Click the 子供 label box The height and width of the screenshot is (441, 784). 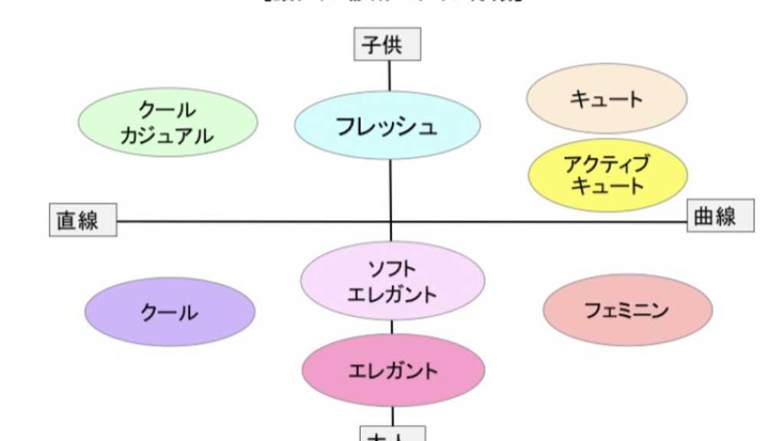point(388,44)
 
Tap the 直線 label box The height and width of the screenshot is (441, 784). point(83,220)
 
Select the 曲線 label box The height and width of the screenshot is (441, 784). point(720,216)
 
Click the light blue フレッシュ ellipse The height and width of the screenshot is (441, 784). point(387,126)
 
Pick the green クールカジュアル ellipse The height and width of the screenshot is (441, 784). point(168,122)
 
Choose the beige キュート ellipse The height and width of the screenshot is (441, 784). point(606,98)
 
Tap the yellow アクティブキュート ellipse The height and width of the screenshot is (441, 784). point(607,175)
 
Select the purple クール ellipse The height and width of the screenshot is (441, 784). point(169,312)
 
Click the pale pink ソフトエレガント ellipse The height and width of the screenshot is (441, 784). point(392,280)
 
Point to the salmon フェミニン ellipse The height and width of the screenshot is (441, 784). point(627,310)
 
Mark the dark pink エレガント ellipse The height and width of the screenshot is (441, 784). point(394,371)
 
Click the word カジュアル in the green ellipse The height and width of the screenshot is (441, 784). point(168,136)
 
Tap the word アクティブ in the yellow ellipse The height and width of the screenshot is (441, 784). point(606,163)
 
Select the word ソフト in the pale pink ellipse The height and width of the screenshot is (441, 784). point(392,269)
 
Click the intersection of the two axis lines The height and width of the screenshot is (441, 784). point(391,222)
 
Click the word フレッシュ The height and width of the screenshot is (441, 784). point(387,126)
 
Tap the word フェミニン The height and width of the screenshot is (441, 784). point(627,310)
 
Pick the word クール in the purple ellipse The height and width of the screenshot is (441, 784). point(169,312)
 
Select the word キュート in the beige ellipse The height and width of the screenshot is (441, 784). point(606,99)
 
